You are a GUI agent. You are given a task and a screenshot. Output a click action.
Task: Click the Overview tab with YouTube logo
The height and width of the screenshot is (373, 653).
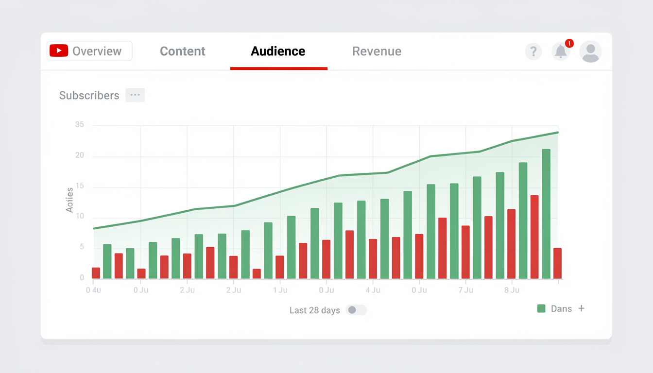(89, 51)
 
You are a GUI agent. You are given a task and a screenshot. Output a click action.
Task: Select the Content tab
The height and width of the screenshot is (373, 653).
(183, 51)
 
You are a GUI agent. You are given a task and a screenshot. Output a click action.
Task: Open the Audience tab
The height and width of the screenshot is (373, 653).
(278, 51)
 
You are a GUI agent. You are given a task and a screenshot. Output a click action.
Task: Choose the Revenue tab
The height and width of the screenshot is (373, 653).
(377, 51)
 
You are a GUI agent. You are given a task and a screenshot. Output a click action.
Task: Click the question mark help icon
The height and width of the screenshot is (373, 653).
(533, 51)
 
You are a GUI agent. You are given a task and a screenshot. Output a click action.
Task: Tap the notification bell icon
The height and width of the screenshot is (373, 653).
(561, 51)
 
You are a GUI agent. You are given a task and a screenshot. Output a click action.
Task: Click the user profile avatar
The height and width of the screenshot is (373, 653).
(590, 51)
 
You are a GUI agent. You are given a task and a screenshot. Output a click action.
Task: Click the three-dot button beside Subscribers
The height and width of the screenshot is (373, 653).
(135, 95)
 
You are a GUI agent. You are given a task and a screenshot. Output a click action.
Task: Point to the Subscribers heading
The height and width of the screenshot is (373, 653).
(89, 95)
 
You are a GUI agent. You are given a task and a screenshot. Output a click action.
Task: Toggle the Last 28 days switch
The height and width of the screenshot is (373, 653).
(356, 310)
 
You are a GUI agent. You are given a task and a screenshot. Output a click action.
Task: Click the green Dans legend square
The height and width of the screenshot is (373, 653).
(541, 308)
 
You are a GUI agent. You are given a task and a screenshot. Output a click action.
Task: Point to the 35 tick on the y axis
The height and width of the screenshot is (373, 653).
(80, 125)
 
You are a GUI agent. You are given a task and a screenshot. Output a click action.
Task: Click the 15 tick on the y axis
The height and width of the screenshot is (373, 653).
(80, 186)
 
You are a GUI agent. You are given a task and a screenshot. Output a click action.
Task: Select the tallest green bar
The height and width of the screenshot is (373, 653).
(546, 214)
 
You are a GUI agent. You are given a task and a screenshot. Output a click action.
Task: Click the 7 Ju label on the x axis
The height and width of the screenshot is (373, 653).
(465, 290)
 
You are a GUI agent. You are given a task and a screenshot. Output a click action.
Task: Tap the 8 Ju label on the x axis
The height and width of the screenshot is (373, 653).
(512, 290)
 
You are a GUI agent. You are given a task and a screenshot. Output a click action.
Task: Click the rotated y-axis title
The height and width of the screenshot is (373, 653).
(69, 200)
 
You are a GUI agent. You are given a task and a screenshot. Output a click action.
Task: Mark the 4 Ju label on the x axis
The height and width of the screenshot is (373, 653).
(373, 290)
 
